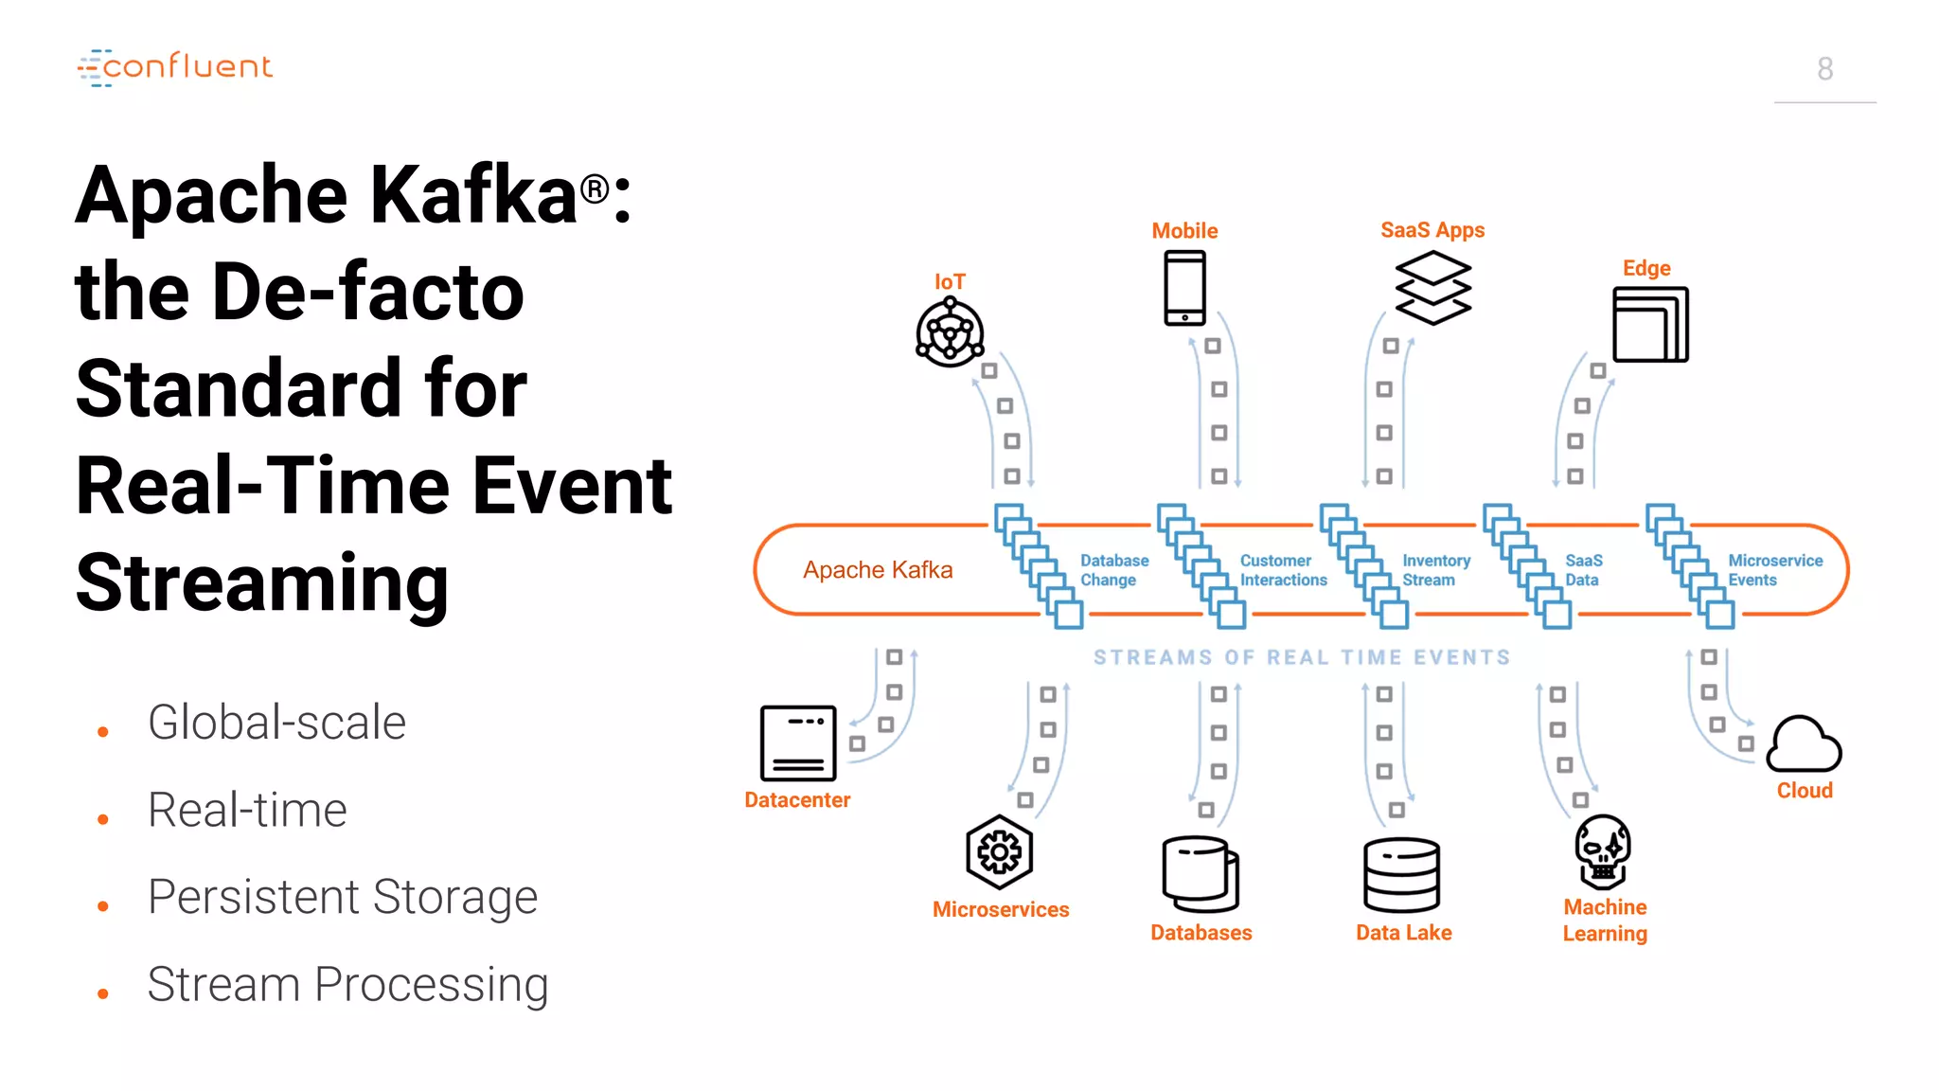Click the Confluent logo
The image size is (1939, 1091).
(175, 67)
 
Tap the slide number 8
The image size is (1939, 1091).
(1824, 69)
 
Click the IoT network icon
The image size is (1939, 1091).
(950, 332)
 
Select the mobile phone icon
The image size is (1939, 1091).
(1184, 288)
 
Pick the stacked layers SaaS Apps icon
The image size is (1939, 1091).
(1432, 288)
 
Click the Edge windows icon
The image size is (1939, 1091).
(1649, 325)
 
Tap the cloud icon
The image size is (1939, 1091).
(1804, 744)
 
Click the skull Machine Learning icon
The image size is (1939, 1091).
(1602, 850)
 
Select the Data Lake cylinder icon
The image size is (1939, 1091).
(1401, 874)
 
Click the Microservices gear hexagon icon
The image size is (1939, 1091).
(999, 852)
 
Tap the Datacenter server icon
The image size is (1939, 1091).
(798, 742)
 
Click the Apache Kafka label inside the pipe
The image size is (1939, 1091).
(878, 570)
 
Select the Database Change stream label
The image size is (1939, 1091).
(1113, 570)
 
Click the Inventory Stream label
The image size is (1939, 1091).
(1435, 570)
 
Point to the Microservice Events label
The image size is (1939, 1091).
(1774, 570)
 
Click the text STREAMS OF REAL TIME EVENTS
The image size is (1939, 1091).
(1302, 657)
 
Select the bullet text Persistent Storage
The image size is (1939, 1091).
(343, 897)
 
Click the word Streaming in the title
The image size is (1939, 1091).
(262, 582)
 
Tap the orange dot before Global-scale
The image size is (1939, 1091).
(103, 732)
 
